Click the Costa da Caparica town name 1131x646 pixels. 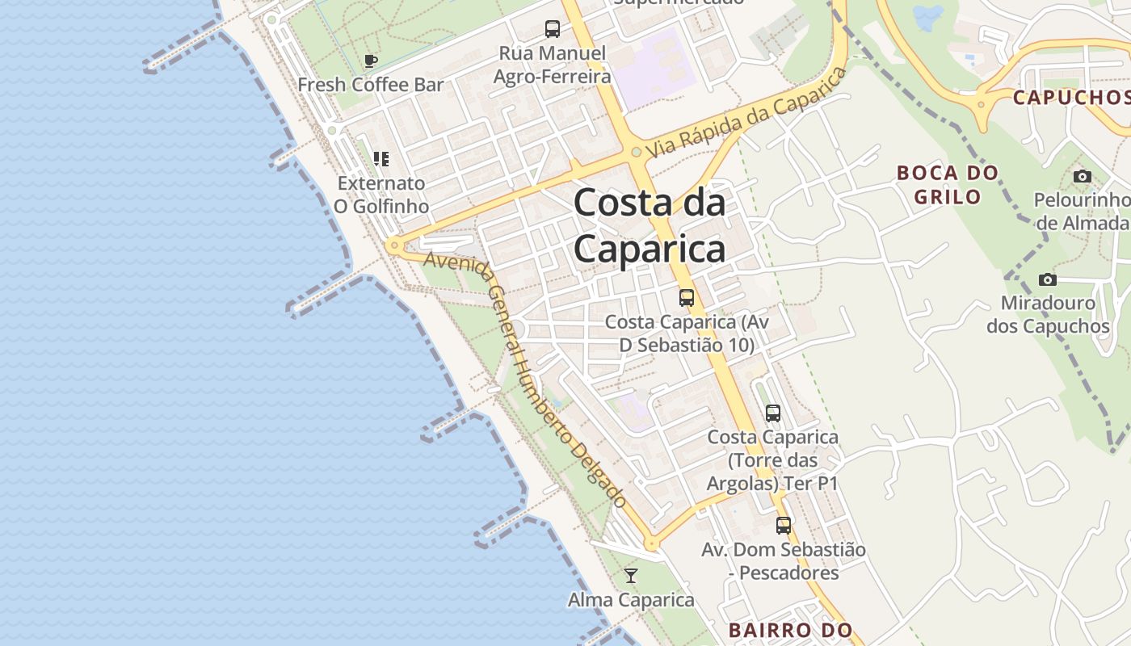coord(650,226)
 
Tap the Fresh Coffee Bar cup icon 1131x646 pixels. coord(370,61)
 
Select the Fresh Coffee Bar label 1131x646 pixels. coord(371,84)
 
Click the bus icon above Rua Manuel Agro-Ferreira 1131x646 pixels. coord(553,30)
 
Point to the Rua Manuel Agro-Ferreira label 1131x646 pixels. coord(552,65)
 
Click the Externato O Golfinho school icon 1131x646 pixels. coord(381,159)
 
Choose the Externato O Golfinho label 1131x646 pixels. coord(381,195)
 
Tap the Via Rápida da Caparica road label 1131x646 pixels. coord(747,112)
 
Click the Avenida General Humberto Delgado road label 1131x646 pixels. coord(525,380)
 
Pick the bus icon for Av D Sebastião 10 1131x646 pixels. coord(687,298)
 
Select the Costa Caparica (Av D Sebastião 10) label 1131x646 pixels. coord(687,333)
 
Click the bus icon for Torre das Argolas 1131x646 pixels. coord(773,413)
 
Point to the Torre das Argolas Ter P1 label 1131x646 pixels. coord(772,460)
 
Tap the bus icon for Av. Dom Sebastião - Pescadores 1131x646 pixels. coord(784,526)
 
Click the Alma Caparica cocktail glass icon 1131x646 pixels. coord(631,576)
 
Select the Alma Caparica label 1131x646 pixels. coord(631,600)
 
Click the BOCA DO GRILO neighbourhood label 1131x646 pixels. coord(948,184)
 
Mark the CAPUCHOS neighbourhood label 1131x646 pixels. coord(1070,98)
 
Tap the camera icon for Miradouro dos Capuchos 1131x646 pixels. coord(1048,280)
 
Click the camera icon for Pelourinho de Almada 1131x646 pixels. coord(1083,176)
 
